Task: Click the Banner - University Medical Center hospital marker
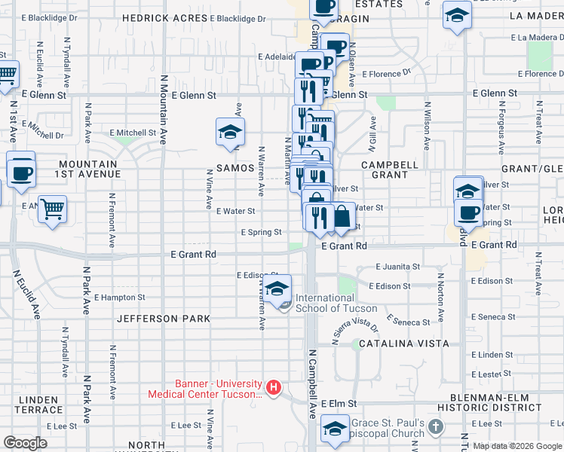tap(274, 388)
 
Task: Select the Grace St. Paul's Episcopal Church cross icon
tap(435, 427)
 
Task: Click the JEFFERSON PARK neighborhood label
tap(164, 319)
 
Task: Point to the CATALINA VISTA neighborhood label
tap(403, 344)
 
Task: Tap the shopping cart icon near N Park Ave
tap(51, 209)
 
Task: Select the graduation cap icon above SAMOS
tap(230, 132)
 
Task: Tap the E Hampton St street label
tap(119, 298)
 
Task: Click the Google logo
tap(26, 443)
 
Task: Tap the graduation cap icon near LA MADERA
tap(457, 17)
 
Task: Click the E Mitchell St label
tap(132, 133)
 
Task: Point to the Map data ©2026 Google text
tap(516, 446)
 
